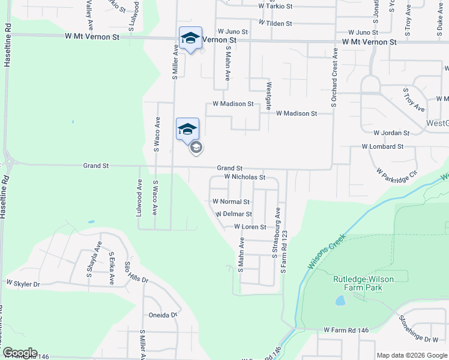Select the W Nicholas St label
[x=244, y=177]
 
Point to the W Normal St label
[x=231, y=202]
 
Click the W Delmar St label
[x=233, y=214]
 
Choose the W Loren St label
[x=250, y=227]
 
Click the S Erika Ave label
[x=111, y=268]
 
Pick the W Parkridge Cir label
[x=397, y=174]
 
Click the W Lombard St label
[x=382, y=146]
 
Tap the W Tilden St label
[x=275, y=23]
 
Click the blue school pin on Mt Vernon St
[x=190, y=38]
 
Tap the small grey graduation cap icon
[x=196, y=148]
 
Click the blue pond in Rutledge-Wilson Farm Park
[x=340, y=299]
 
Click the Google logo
[x=19, y=353]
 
